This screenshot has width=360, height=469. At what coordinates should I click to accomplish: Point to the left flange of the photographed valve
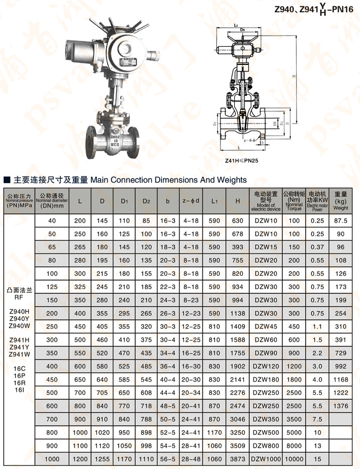coord(90,139)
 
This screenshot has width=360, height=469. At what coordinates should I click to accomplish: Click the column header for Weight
coord(341,201)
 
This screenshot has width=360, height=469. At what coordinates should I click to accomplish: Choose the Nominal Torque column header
coord(294,201)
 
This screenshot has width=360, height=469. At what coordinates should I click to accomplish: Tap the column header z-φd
coord(191,201)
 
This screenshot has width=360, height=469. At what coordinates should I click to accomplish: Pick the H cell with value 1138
coord(238,314)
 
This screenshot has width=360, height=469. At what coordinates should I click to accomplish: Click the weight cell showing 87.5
coord(341,220)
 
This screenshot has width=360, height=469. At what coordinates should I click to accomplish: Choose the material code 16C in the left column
coord(19,367)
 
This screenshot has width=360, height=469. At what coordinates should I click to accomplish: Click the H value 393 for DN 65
coord(238,247)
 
